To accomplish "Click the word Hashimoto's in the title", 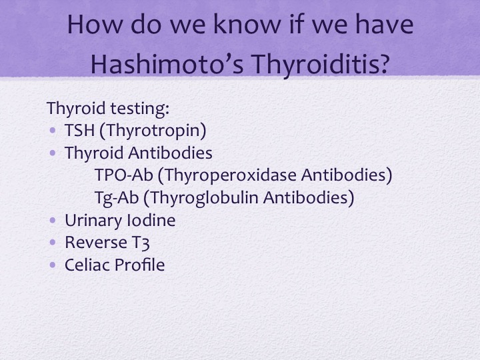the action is [167, 63].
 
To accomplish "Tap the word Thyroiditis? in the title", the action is [321, 64].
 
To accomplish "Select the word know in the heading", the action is [247, 24].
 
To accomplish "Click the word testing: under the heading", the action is [139, 109].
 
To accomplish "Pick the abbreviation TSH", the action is [79, 130].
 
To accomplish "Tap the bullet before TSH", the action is [53, 131].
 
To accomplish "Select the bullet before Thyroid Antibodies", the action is [53, 153].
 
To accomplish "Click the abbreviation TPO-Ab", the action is [124, 175].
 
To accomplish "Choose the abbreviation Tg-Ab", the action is [117, 198].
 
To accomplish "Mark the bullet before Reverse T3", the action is [53, 243].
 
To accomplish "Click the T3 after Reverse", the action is [141, 243].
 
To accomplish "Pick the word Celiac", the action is [87, 265].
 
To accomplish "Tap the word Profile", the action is [139, 265].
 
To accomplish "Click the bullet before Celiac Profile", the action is [53, 265].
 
